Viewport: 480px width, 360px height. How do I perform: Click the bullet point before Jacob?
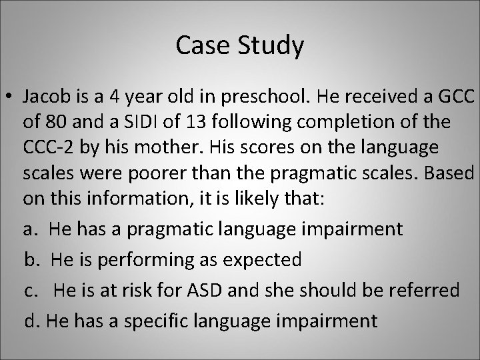[11, 98]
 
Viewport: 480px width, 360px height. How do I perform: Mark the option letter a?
[29, 229]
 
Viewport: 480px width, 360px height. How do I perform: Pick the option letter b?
[31, 259]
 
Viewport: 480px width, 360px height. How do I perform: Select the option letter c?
[29, 290]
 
